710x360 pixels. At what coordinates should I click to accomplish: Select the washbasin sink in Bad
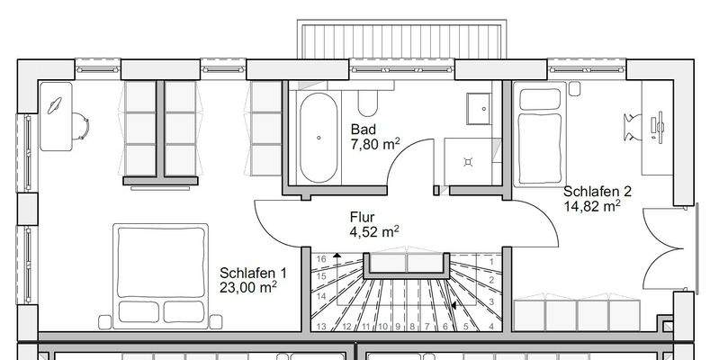(x=478, y=109)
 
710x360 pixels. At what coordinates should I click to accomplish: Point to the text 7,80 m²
(x=375, y=143)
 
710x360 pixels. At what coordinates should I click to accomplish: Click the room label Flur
(x=362, y=217)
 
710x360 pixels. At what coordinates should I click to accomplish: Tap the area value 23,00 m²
(x=247, y=288)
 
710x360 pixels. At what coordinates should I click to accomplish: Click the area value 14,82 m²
(x=591, y=206)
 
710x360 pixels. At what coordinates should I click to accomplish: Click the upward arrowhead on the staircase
(x=337, y=256)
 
